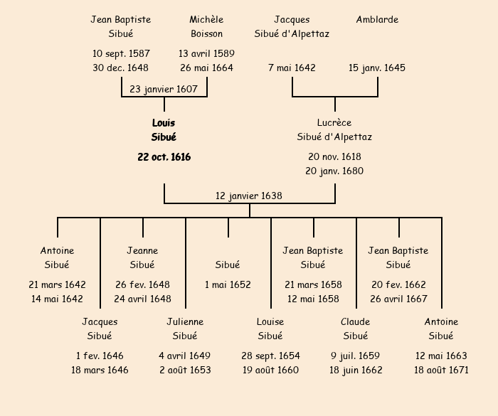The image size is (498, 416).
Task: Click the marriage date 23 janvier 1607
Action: click(164, 89)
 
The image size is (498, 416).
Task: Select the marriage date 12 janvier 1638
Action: click(249, 196)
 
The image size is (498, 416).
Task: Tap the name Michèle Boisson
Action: click(206, 26)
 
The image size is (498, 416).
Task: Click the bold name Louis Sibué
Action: click(164, 130)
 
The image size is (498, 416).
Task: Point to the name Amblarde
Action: click(377, 20)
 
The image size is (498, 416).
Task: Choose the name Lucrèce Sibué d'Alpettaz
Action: click(334, 130)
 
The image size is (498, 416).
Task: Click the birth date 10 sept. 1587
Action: click(121, 53)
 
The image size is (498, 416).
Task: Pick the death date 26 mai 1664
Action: click(206, 68)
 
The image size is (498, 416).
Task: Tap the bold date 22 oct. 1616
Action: click(164, 157)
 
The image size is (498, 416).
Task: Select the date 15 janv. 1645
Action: click(377, 68)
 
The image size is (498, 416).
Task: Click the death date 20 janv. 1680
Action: click(334, 171)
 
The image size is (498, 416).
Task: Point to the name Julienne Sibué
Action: click(185, 329)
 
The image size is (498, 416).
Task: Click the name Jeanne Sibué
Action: click(142, 258)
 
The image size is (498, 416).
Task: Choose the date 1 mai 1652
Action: click(228, 285)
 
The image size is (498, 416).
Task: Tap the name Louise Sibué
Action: click(270, 329)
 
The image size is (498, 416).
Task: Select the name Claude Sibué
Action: click(355, 329)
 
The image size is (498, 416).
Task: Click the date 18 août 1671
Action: click(441, 370)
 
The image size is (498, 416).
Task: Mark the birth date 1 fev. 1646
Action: click(100, 356)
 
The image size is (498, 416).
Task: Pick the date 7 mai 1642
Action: click(292, 68)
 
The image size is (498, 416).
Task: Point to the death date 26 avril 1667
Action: click(398, 299)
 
